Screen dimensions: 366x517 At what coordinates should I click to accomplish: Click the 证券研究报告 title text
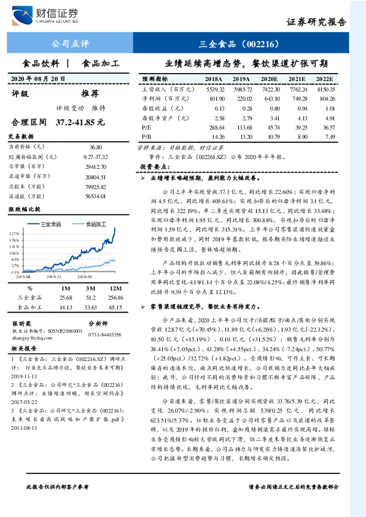click(x=316, y=22)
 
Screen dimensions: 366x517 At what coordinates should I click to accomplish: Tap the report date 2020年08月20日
click(x=38, y=79)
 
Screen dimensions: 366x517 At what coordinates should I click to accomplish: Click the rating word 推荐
click(x=90, y=94)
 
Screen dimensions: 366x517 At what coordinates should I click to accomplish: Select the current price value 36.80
click(x=95, y=147)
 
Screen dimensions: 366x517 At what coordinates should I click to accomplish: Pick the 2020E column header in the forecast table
click(x=269, y=80)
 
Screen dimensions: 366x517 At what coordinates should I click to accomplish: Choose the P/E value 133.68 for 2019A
click(x=241, y=126)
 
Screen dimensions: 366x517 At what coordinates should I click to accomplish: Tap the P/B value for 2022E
click(x=330, y=136)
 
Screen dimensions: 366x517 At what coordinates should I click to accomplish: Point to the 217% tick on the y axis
click(x=15, y=234)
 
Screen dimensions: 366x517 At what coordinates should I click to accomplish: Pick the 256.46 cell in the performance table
click(x=115, y=297)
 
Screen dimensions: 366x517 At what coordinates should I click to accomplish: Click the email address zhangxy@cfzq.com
click(x=29, y=336)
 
